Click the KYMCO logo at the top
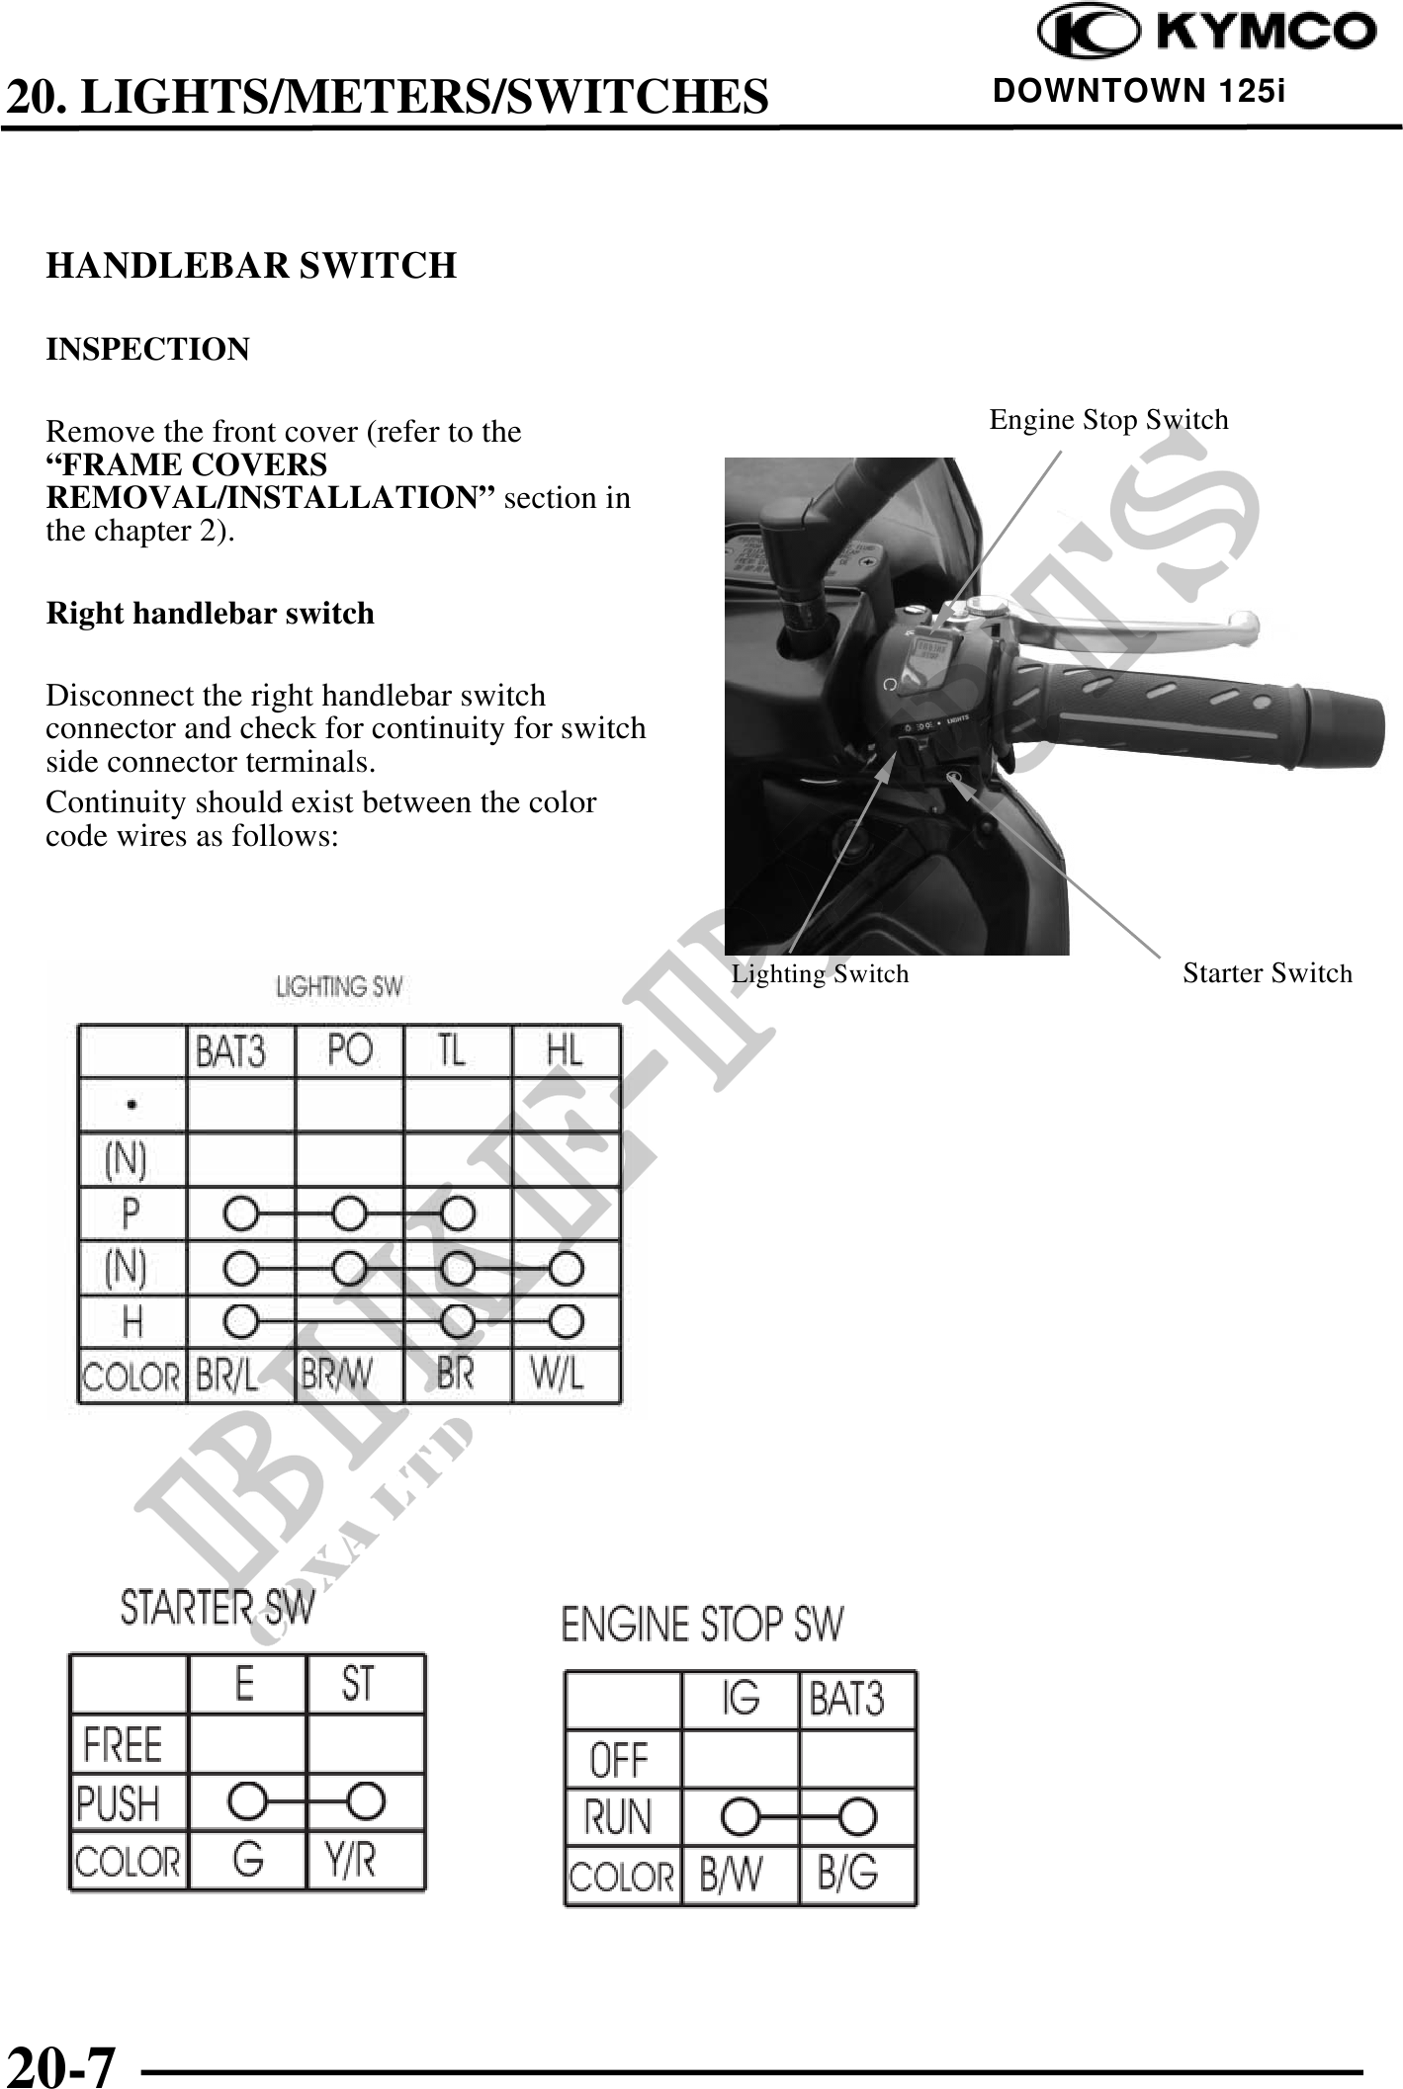1206,33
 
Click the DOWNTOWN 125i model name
1139,92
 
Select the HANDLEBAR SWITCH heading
251,266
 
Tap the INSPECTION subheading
148,350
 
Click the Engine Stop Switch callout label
1109,420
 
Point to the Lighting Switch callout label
820,974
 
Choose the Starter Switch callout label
1268,973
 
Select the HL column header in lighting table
565,1051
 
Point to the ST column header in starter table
357,1683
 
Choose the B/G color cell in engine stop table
847,1874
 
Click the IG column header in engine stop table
741,1699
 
